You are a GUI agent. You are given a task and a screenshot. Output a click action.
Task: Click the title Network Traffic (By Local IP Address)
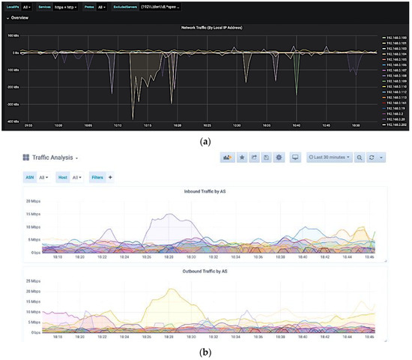pyautogui.click(x=213, y=27)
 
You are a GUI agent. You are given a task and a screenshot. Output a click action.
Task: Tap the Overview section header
pyautogui.click(x=19, y=17)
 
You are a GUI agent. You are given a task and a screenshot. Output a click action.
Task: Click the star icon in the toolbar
pyautogui.click(x=241, y=157)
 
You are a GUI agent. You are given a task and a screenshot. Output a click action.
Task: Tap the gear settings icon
pyautogui.click(x=279, y=157)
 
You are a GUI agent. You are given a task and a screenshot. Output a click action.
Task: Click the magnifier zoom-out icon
pyautogui.click(x=360, y=157)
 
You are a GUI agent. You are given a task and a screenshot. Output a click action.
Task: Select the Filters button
pyautogui.click(x=98, y=177)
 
